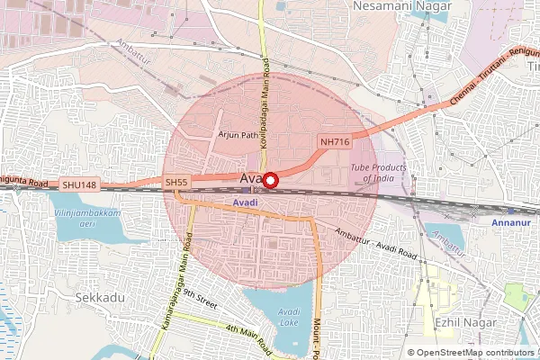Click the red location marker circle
click(x=269, y=180)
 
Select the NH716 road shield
click(x=334, y=142)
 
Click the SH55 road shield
click(x=176, y=183)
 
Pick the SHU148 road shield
click(x=78, y=184)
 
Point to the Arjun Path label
click(x=238, y=134)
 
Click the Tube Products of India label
click(x=378, y=173)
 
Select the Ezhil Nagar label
click(x=460, y=320)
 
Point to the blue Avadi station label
click(x=246, y=203)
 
